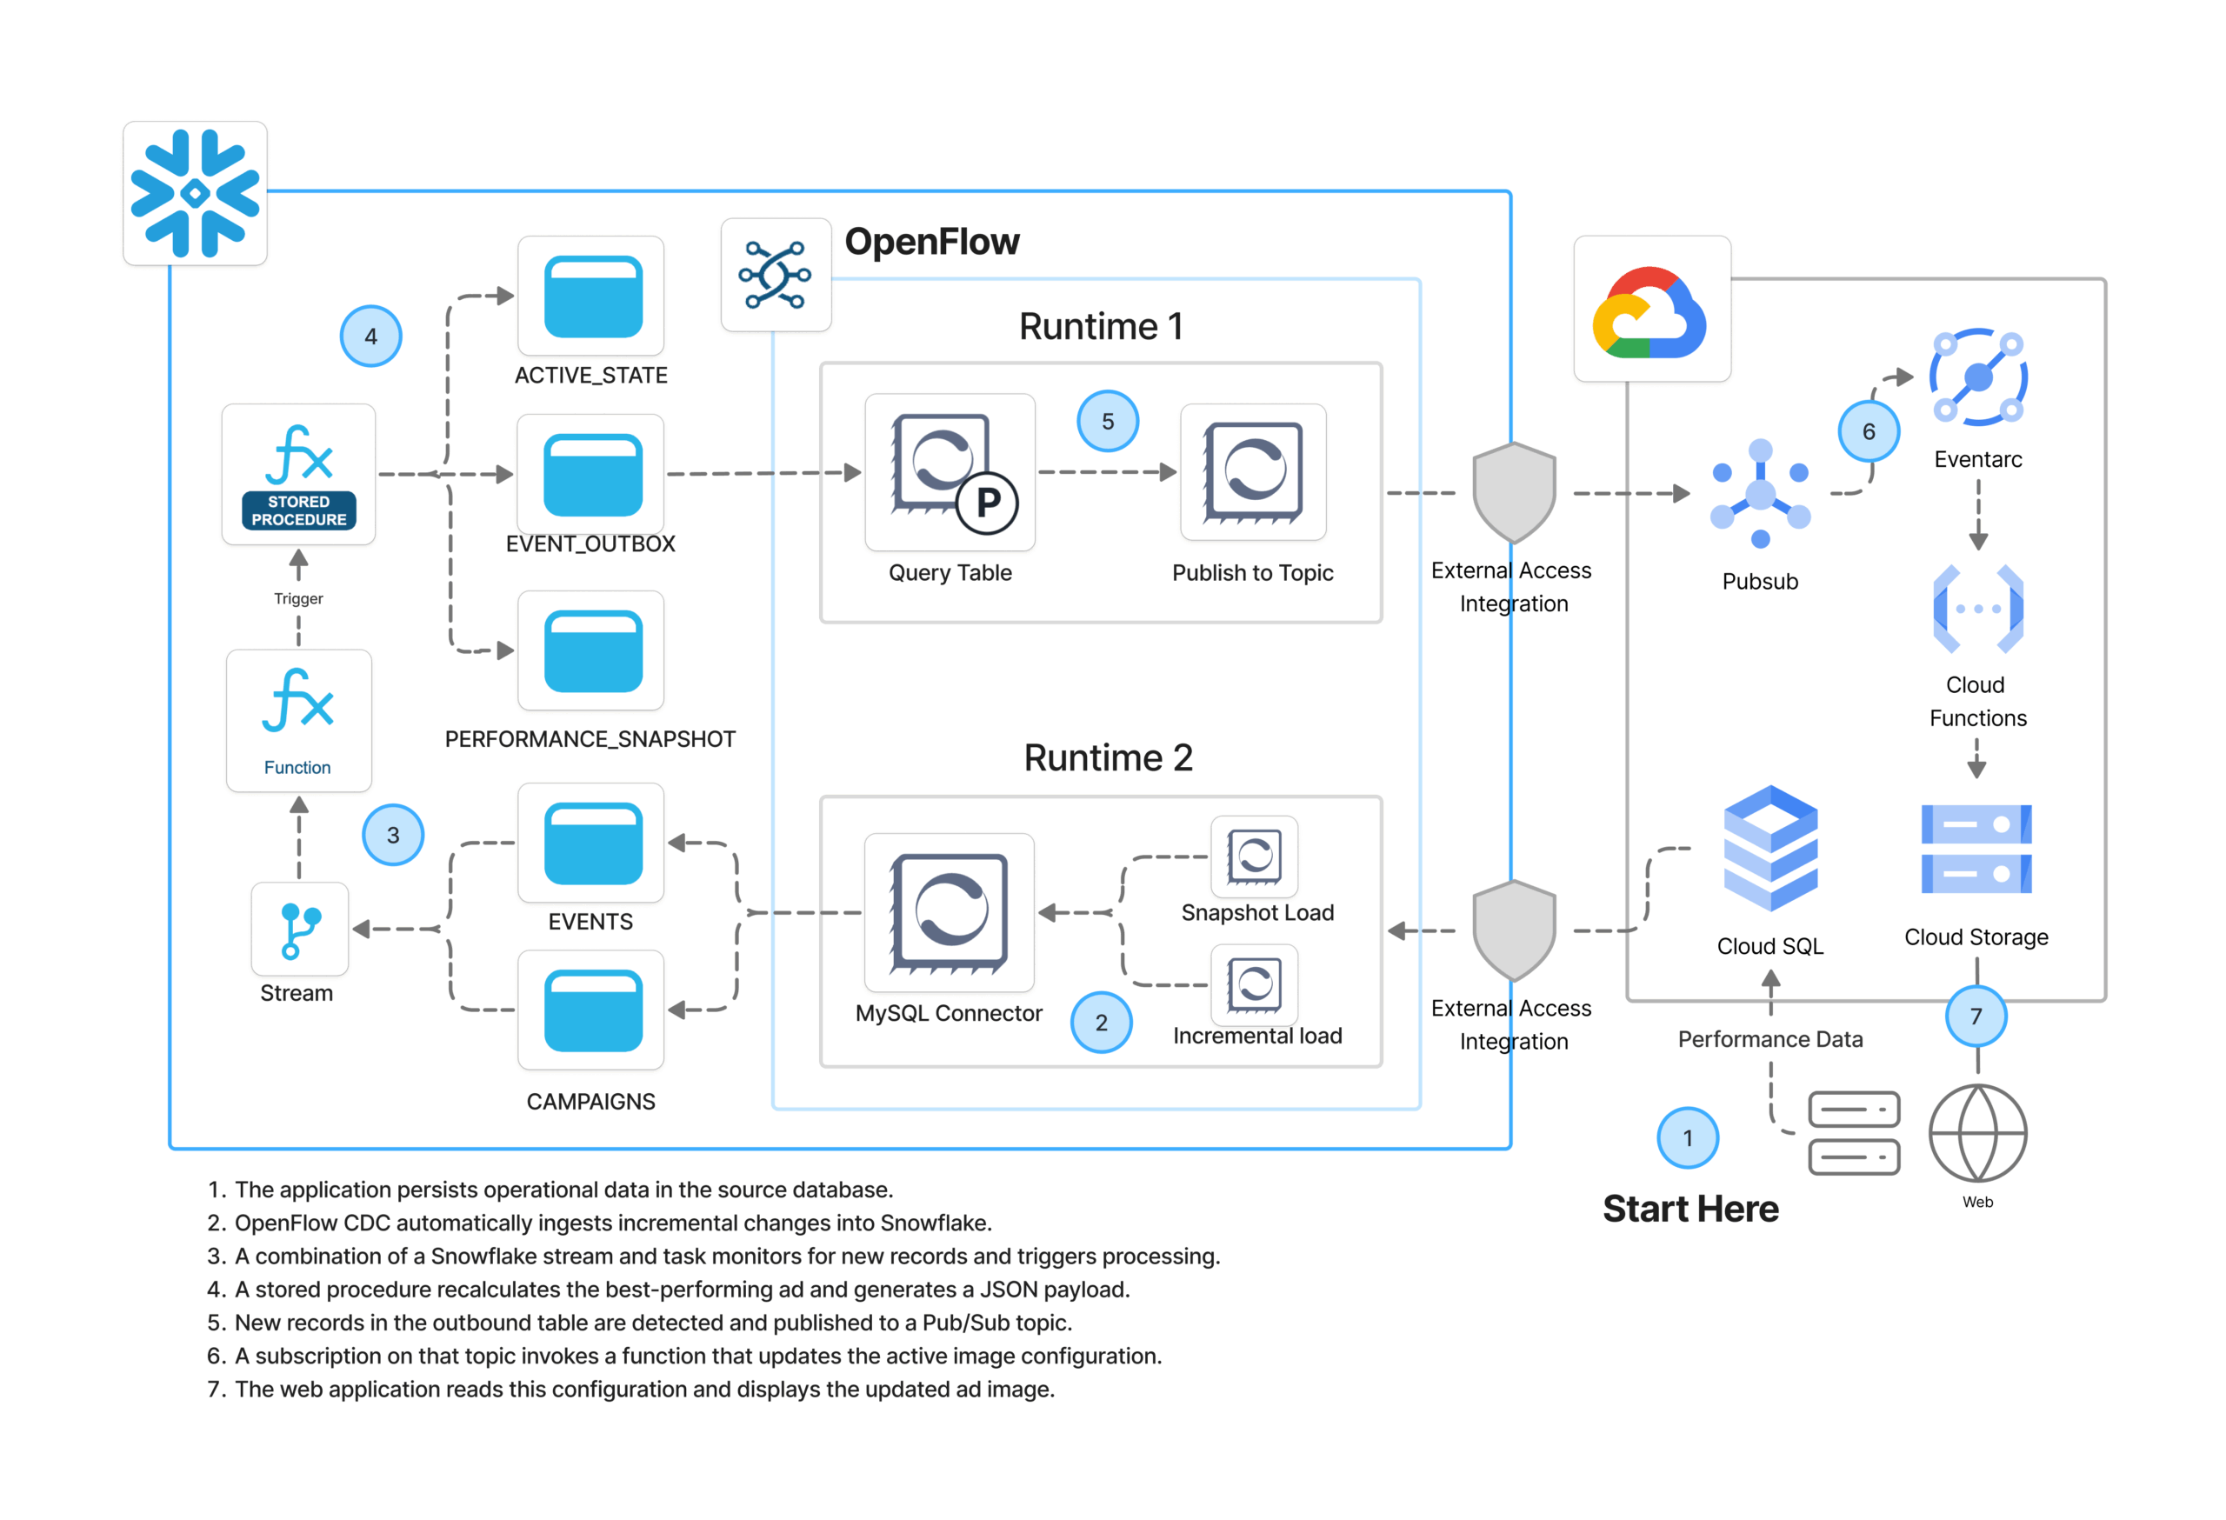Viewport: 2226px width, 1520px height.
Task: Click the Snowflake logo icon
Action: point(195,193)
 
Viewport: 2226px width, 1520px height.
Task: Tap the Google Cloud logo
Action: point(1650,310)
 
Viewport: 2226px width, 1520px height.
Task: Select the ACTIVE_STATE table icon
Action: point(592,296)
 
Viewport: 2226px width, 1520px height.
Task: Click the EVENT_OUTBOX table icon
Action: point(592,474)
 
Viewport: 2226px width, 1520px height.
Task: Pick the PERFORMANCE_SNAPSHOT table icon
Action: point(592,650)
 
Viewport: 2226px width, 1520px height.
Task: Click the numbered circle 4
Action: point(370,337)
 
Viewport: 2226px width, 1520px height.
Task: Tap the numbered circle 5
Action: point(1107,421)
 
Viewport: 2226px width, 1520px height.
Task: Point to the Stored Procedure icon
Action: point(299,475)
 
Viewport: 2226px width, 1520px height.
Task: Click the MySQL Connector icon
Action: point(950,913)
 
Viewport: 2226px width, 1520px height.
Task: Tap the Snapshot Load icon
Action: point(1255,857)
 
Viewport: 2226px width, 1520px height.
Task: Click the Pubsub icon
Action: point(1760,494)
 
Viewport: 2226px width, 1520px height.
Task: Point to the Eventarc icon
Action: point(1978,377)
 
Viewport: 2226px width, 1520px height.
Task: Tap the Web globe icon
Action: point(1977,1133)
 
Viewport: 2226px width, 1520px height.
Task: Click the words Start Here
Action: point(1690,1209)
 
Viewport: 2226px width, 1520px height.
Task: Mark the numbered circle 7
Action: point(1976,1017)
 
